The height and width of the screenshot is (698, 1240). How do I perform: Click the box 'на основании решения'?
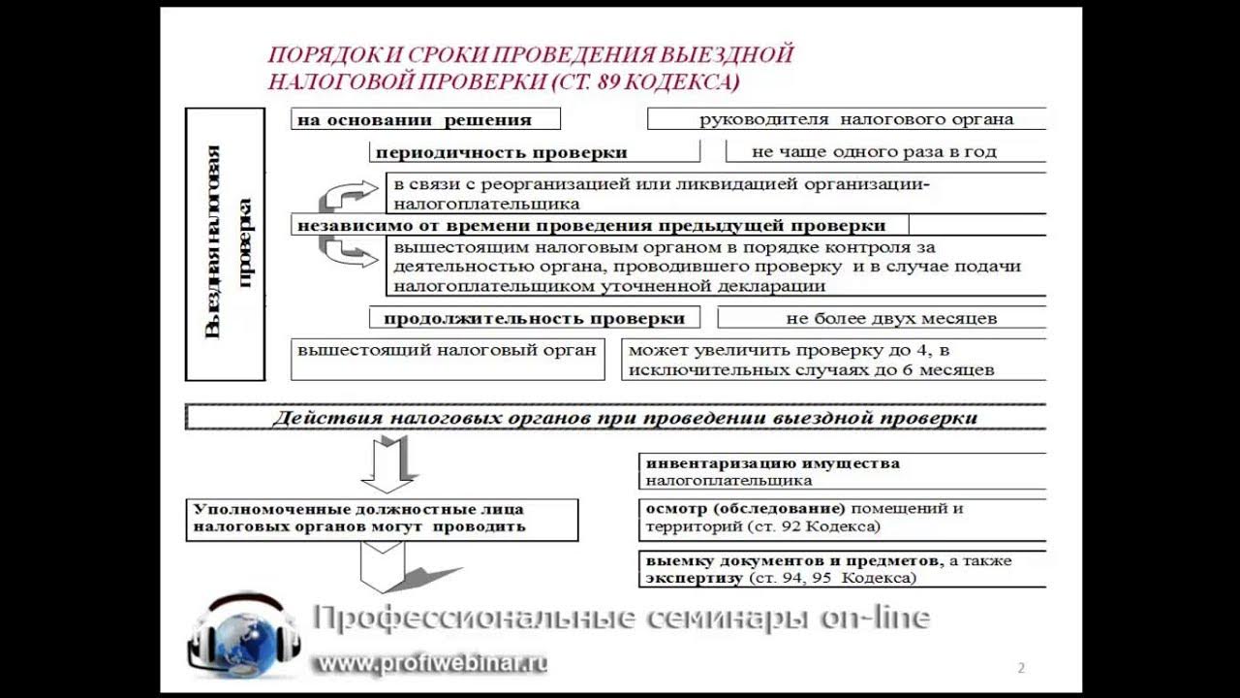[425, 120]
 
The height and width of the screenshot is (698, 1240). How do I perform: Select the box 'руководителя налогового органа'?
[846, 119]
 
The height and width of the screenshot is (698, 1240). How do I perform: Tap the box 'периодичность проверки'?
[534, 152]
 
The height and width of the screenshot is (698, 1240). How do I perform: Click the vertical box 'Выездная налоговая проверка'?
[225, 243]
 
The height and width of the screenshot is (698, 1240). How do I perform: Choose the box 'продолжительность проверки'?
[534, 318]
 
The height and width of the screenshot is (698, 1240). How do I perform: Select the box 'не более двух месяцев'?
[882, 318]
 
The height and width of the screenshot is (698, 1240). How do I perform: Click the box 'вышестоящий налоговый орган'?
[448, 358]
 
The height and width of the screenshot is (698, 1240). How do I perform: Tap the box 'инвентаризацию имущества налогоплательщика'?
[843, 471]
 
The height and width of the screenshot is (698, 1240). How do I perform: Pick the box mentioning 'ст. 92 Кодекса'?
[843, 518]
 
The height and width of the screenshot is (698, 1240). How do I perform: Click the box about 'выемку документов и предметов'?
[843, 569]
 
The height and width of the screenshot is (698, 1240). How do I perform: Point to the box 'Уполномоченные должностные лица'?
[382, 519]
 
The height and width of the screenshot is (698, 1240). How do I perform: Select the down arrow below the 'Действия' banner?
[387, 463]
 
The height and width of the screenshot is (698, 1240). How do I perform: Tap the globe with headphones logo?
[242, 635]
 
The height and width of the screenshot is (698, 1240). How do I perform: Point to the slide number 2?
[1021, 668]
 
